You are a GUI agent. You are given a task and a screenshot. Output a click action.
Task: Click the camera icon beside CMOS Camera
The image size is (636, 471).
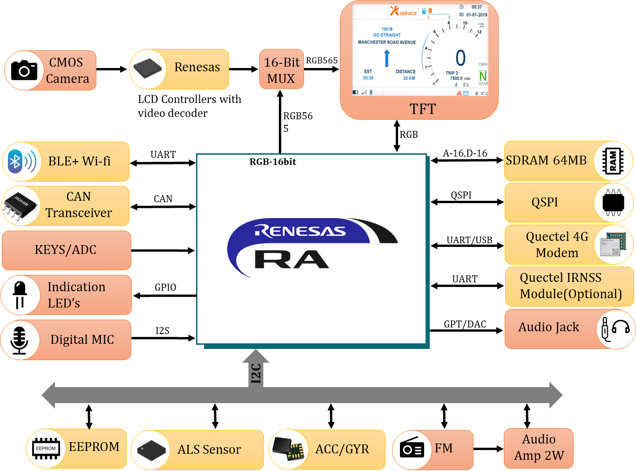[24, 70]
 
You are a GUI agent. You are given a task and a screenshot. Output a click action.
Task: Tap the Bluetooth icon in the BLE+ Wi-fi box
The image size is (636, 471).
[16, 162]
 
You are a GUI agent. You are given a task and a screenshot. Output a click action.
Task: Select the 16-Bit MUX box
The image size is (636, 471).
[282, 69]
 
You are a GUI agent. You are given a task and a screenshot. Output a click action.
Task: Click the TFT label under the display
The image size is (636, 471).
[422, 109]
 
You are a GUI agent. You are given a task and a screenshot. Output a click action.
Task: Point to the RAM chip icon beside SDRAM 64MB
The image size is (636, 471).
[613, 161]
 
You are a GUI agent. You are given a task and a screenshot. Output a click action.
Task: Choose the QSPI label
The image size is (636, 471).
[544, 202]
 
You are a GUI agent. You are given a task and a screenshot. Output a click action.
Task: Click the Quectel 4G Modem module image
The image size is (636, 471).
[613, 244]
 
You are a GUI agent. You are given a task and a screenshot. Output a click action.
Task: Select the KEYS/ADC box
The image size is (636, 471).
[66, 250]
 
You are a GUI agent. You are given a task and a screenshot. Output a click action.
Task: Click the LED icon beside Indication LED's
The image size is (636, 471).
[20, 295]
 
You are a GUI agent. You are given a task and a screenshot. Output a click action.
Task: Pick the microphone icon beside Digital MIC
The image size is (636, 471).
[20, 340]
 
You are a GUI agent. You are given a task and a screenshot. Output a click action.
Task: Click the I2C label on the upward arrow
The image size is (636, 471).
[256, 373]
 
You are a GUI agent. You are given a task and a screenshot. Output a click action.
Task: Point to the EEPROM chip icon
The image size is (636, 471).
[46, 448]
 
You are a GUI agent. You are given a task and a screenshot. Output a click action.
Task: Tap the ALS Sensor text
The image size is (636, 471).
[209, 450]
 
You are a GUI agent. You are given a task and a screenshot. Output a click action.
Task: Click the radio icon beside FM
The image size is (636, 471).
[412, 450]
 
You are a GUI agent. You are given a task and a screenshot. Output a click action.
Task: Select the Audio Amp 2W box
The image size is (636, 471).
[539, 448]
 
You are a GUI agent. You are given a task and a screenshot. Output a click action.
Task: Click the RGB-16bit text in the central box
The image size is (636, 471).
[273, 162]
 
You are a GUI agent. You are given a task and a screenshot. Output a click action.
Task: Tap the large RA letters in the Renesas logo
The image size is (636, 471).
[291, 259]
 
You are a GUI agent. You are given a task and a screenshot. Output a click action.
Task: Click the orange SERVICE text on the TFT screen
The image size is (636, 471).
[408, 14]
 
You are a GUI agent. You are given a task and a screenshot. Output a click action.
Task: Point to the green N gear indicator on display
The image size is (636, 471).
[483, 76]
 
